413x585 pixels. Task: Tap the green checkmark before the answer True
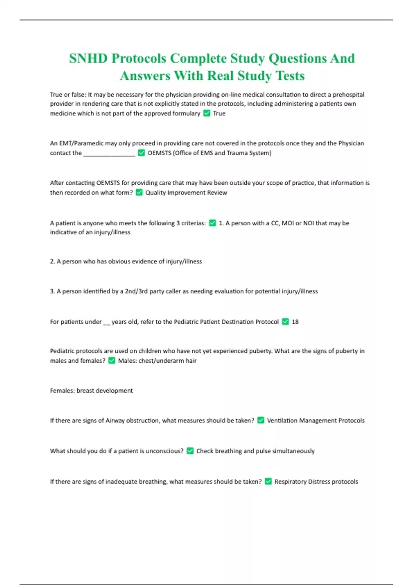(206, 113)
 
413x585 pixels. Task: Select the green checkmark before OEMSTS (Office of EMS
(141, 153)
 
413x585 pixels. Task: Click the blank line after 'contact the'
(109, 153)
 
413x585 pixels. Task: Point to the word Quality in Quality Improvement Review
(155, 192)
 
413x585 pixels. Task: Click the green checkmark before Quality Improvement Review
(139, 192)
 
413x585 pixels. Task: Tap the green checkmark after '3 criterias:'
(212, 223)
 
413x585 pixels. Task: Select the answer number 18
(295, 322)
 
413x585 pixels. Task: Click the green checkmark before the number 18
(285, 322)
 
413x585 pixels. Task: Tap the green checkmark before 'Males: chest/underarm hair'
(112, 361)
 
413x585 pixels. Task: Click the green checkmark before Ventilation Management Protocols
(261, 421)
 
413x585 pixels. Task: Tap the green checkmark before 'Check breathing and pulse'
(190, 451)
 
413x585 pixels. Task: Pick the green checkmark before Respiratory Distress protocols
(268, 481)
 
